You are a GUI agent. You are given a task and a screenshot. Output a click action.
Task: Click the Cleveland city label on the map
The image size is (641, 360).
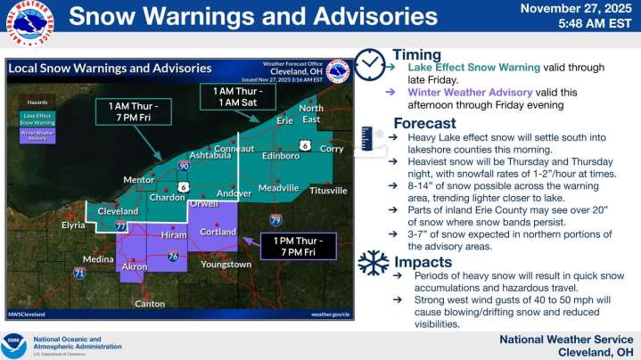tap(118, 211)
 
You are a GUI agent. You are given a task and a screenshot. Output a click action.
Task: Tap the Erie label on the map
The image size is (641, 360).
tap(285, 120)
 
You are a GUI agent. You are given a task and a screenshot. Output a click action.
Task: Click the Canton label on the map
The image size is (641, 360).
tap(149, 304)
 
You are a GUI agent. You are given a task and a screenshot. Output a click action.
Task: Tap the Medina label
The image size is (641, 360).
tap(98, 259)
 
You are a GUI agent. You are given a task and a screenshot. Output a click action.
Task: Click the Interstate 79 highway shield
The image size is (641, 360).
tap(276, 219)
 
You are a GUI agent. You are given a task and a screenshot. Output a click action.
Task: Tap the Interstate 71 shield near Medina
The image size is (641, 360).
tap(79, 273)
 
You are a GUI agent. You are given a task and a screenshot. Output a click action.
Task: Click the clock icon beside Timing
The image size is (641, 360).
tap(369, 64)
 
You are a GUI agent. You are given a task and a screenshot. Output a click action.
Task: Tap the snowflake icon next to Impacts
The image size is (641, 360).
tap(373, 262)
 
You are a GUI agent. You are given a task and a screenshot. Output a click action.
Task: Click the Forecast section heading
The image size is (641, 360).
tap(424, 124)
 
